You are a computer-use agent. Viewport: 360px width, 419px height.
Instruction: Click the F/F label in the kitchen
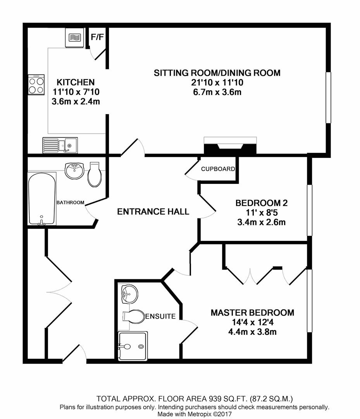click(97, 37)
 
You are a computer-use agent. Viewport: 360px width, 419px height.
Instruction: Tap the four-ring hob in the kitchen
click(36, 85)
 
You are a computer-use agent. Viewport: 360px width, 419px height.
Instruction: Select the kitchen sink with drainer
click(60, 145)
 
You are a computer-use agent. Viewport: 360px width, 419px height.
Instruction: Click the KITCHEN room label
click(76, 82)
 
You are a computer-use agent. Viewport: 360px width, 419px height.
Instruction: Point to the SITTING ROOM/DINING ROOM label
click(217, 73)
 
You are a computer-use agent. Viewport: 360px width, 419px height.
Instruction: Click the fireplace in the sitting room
click(230, 146)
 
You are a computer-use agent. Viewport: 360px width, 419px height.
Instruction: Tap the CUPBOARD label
click(218, 169)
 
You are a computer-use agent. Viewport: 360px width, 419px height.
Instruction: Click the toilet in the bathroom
click(95, 175)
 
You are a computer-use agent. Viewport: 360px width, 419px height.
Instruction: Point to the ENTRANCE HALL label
click(153, 211)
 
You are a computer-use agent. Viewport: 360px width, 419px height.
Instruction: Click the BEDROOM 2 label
click(262, 203)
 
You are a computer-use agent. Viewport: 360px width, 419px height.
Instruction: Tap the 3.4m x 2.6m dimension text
click(262, 222)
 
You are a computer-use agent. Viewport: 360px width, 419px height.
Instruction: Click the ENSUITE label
click(160, 317)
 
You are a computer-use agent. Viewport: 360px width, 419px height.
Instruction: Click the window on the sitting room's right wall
click(329, 98)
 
